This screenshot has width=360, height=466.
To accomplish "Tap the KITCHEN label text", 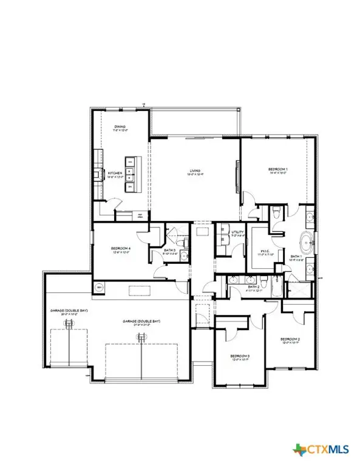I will pos(116,174).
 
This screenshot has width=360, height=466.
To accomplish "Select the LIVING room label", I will pos(194,172).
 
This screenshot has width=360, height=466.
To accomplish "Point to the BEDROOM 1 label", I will pos(279,169).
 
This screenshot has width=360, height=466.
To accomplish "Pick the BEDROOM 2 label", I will pos(291,339).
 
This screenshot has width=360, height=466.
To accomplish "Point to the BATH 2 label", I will pos(253,287).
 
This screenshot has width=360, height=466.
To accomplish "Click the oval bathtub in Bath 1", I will pos(307,243).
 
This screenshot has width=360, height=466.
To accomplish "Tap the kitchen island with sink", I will pos(132,174).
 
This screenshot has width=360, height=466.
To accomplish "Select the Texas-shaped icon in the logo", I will pos(299,450).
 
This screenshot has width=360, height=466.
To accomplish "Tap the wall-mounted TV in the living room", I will pos(237,174).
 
